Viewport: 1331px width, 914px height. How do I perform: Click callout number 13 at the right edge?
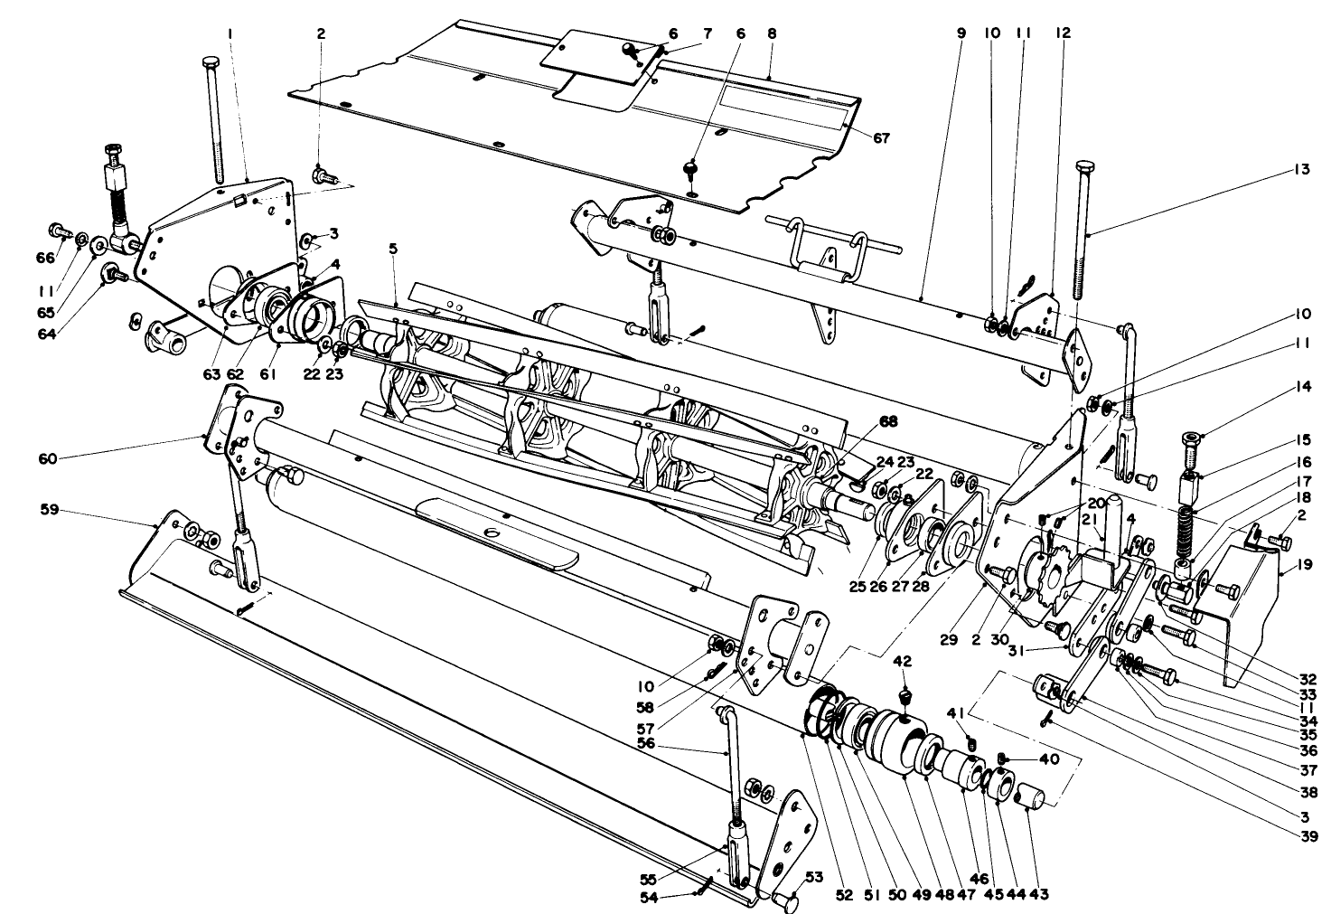[x=1301, y=169]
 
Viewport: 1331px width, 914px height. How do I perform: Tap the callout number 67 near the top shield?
[x=881, y=138]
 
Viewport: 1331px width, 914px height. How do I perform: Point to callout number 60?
[x=47, y=458]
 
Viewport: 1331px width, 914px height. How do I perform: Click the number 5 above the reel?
[x=393, y=248]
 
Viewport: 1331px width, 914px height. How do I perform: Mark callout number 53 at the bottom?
[x=814, y=876]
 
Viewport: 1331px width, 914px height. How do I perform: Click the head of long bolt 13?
[x=1084, y=167]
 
